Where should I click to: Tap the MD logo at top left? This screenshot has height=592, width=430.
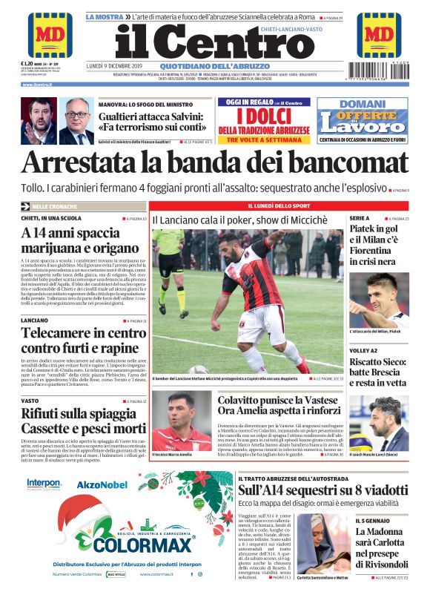(49, 34)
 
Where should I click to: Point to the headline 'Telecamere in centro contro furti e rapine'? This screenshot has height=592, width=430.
(84, 340)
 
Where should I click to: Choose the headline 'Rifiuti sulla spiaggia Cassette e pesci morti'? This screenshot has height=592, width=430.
(84, 420)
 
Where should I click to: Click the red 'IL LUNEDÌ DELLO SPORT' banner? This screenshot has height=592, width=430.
(279, 205)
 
